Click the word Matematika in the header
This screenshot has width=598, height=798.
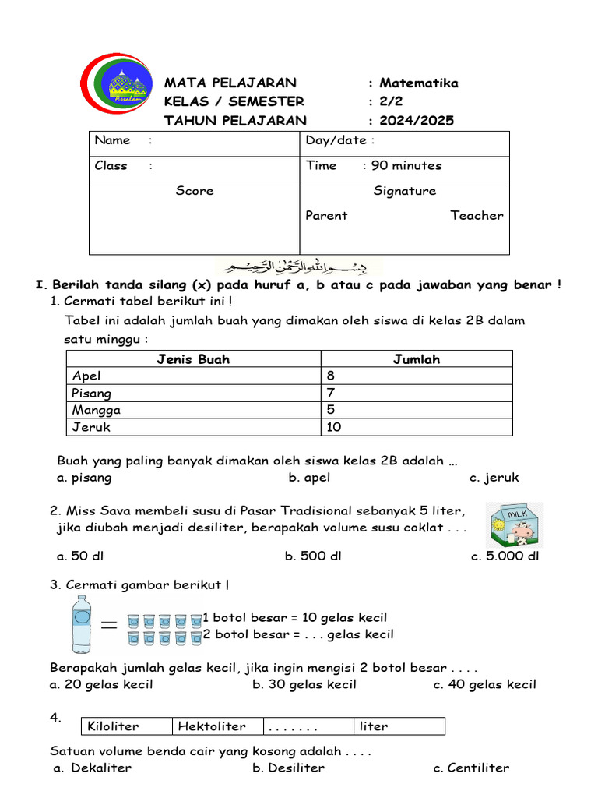coord(419,83)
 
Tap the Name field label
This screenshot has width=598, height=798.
coord(113,140)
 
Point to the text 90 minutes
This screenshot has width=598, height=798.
coord(406,165)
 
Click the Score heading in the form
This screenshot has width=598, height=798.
coord(195,191)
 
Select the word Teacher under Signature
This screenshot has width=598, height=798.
coord(477,216)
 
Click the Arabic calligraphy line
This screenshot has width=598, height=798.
coord(299,267)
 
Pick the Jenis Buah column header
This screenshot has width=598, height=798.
coord(193,359)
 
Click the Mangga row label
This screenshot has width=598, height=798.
coord(97,410)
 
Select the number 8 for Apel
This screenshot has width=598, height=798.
coord(331,376)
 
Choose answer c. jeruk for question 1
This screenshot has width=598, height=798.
coord(494,478)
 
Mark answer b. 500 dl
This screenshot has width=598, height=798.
coord(313,556)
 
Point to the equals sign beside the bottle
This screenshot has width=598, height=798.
coord(110,624)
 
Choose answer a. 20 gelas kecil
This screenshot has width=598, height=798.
coord(101,685)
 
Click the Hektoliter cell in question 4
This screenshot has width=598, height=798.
coord(212,726)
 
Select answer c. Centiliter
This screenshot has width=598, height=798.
coord(471,768)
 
